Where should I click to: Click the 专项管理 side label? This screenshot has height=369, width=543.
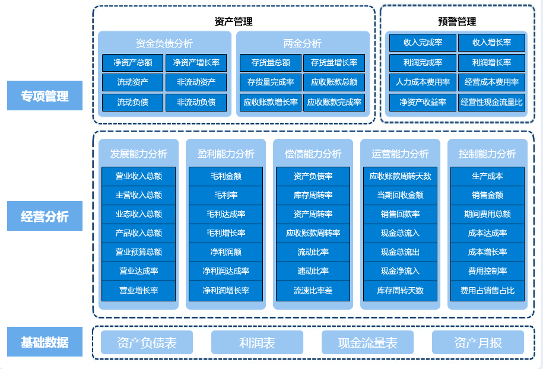45,96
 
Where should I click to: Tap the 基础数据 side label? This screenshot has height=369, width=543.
45,342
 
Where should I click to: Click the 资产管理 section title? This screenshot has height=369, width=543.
233,22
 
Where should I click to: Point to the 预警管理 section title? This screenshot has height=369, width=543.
457,22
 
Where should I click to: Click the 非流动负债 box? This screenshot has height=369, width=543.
196,102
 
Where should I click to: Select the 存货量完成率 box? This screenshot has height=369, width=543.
270,82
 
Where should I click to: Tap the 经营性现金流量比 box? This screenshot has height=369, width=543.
491,102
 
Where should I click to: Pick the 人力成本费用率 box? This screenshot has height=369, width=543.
423,82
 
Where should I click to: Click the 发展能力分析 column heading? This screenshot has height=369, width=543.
138,154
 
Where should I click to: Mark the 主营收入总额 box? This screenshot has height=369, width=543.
138,195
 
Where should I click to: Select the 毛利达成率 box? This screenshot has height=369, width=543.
226,214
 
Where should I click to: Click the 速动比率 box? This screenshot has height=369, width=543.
313,271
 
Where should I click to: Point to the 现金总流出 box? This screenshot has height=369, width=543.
400,252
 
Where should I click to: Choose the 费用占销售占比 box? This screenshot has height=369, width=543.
487,291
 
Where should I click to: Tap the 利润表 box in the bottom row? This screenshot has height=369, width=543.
257,343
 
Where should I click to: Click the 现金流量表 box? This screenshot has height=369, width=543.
367,343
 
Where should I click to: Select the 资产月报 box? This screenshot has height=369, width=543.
478,343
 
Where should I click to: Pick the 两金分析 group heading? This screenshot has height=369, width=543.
302,43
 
